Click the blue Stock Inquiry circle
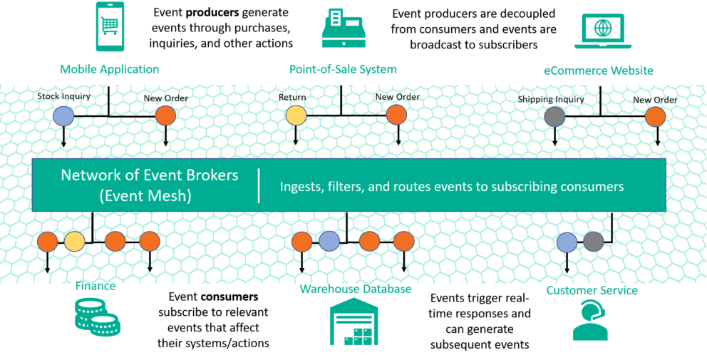pyautogui.click(x=64, y=115)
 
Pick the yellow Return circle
pyautogui.click(x=296, y=115)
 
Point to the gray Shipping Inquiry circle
pyautogui.click(x=554, y=116)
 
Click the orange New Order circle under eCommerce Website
pyautogui.click(x=655, y=116)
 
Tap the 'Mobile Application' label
pyautogui.click(x=109, y=69)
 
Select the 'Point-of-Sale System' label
pyautogui.click(x=343, y=69)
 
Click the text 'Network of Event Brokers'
pyautogui.click(x=150, y=175)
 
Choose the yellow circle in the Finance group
pyautogui.click(x=75, y=242)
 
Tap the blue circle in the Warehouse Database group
pyautogui.click(x=329, y=242)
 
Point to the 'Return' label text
pyautogui.click(x=292, y=98)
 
